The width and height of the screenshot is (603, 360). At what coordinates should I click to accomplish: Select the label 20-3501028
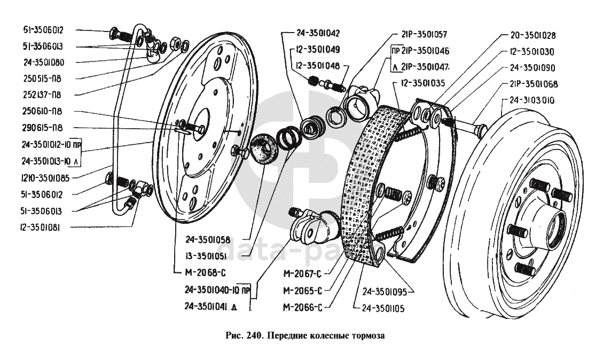(531, 36)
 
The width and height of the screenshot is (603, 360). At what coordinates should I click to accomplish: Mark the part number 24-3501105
(383, 308)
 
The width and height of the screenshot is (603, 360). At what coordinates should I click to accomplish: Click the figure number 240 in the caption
(252, 336)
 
